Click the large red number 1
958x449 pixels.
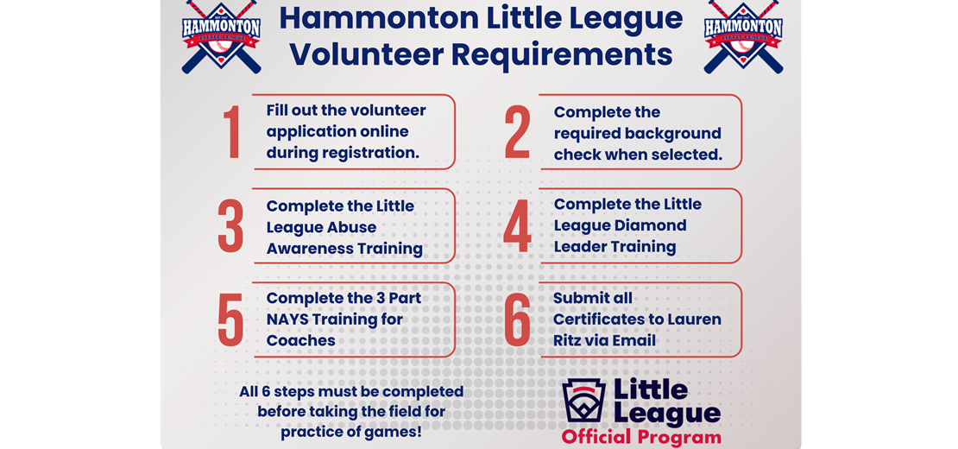[x=231, y=132]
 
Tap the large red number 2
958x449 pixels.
[x=517, y=134]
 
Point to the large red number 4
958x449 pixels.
[x=517, y=226]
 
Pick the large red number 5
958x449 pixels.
[x=230, y=320]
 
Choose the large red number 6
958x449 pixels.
[x=517, y=320]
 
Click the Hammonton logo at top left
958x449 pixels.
[x=221, y=36]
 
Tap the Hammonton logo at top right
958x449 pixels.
[x=742, y=36]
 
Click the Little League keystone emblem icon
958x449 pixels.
[x=583, y=401]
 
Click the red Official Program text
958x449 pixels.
[x=641, y=437]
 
